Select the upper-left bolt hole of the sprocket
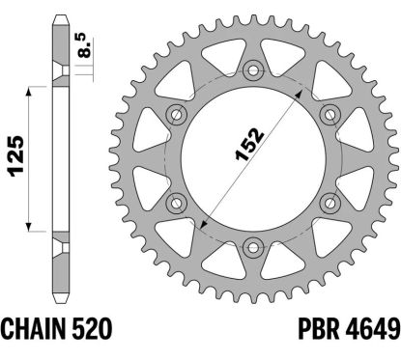[178, 113]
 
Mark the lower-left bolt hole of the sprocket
[178, 200]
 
